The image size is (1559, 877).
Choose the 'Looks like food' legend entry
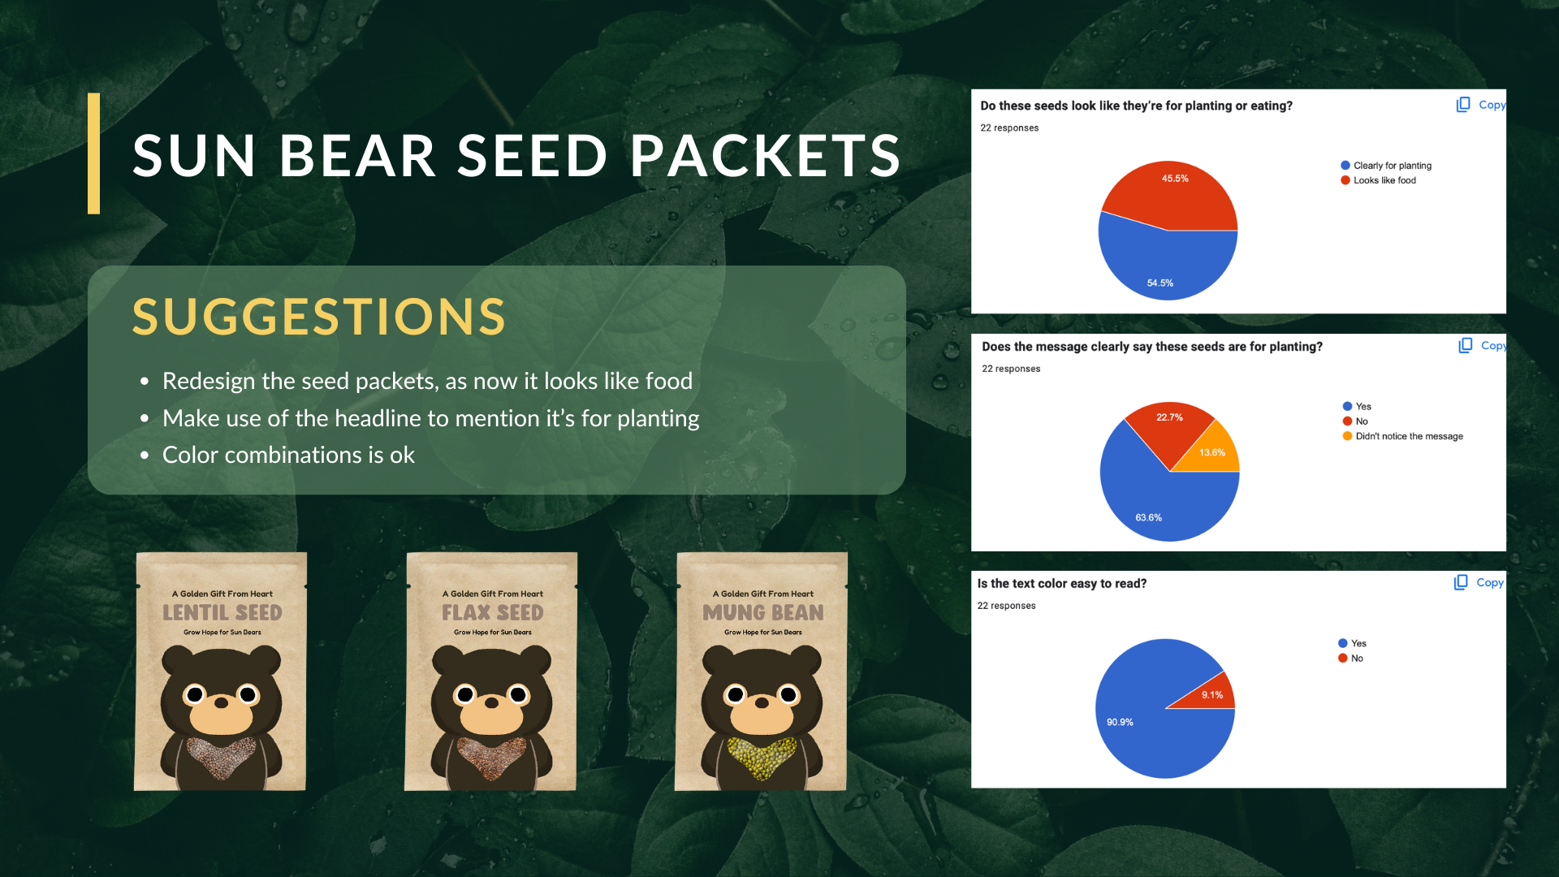[1378, 180]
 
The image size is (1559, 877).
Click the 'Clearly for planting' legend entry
[1386, 166]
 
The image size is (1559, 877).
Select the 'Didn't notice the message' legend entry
[1402, 436]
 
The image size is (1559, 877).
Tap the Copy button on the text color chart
[1479, 582]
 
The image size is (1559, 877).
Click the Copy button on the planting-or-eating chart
[1481, 105]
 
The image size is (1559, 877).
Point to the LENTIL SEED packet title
[222, 612]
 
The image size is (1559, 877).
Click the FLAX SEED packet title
[493, 612]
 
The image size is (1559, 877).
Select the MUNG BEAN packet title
[763, 612]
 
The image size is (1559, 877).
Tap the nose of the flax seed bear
[491, 702]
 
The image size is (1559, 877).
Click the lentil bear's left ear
[176, 659]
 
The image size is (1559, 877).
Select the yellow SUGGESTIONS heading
[319, 316]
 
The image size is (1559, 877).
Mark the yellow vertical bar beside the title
[94, 153]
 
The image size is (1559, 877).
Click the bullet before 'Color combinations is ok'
[145, 456]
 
